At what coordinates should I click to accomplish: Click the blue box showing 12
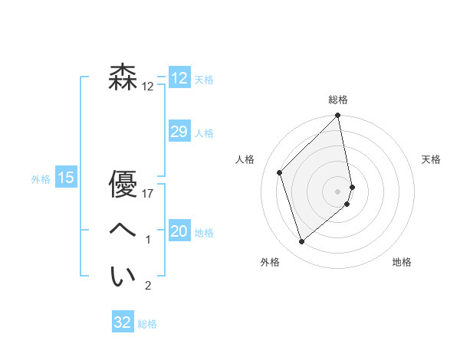(x=179, y=78)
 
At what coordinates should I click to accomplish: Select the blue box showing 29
(x=179, y=132)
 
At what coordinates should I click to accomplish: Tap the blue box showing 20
(x=179, y=231)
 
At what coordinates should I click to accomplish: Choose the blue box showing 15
(x=65, y=178)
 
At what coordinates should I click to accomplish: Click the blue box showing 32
(x=123, y=322)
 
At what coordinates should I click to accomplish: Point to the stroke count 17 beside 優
(x=148, y=194)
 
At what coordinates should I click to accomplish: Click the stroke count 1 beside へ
(x=148, y=240)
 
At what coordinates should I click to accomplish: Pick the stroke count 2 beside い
(x=148, y=286)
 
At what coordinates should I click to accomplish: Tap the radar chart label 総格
(x=338, y=100)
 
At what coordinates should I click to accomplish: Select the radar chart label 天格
(x=431, y=159)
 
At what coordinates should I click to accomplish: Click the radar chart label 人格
(x=245, y=159)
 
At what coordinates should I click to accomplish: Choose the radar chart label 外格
(x=270, y=262)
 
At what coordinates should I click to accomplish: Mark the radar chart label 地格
(x=402, y=262)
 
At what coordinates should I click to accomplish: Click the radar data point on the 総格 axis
(x=338, y=116)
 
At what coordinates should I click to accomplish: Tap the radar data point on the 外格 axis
(x=302, y=242)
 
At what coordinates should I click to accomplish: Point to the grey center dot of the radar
(x=338, y=191)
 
